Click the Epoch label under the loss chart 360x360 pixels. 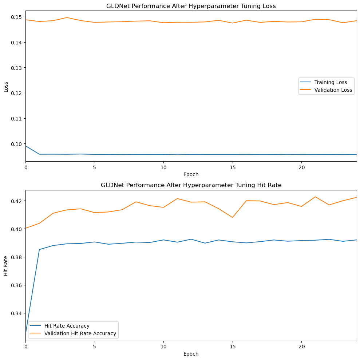[191, 174]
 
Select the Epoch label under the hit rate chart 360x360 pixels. [191, 354]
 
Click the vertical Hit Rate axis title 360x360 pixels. [6, 265]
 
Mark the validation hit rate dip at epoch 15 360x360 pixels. [233, 217]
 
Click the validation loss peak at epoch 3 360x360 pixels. [67, 17]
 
